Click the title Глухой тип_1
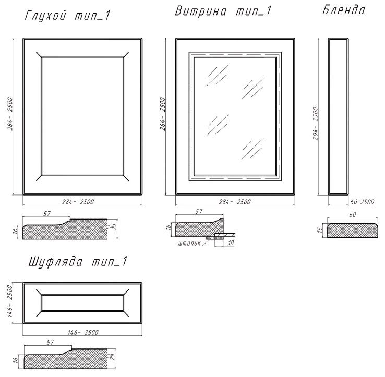click(67, 16)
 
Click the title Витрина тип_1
click(223, 11)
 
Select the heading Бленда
click(344, 10)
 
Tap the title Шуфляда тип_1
click(78, 262)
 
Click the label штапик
click(189, 243)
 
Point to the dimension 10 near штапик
click(231, 243)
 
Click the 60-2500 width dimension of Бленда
click(362, 202)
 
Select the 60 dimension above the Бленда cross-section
click(353, 215)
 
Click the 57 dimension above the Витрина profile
click(199, 211)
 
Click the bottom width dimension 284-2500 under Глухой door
click(78, 202)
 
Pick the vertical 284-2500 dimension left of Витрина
click(163, 114)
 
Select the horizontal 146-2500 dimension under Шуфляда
click(83, 332)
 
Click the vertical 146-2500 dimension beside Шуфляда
click(10, 301)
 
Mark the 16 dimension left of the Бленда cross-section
click(319, 230)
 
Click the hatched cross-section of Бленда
click(352, 230)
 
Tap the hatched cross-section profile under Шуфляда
click(66, 359)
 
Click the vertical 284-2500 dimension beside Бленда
click(316, 123)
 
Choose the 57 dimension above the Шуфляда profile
click(50, 342)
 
